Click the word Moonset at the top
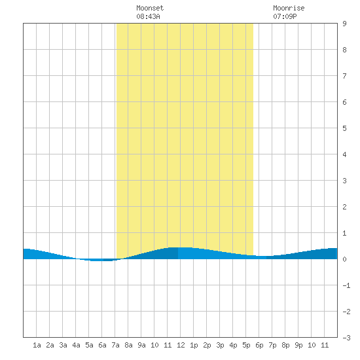[150, 8]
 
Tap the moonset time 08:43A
[148, 16]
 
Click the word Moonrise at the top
[289, 8]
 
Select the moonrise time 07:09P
[285, 16]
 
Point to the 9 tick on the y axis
[344, 24]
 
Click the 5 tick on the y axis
[344, 128]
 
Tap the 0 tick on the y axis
[344, 259]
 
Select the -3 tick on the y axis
[346, 338]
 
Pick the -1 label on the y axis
[346, 285]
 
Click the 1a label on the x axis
[37, 345]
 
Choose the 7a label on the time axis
[115, 345]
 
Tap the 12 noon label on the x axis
[181, 345]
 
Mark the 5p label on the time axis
[246, 345]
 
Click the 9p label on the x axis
[298, 345]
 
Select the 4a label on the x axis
[76, 345]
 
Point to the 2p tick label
[207, 345]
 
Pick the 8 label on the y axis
[344, 50]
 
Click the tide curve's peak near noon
[181, 247]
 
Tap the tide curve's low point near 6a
[101, 261]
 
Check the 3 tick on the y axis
[344, 181]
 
